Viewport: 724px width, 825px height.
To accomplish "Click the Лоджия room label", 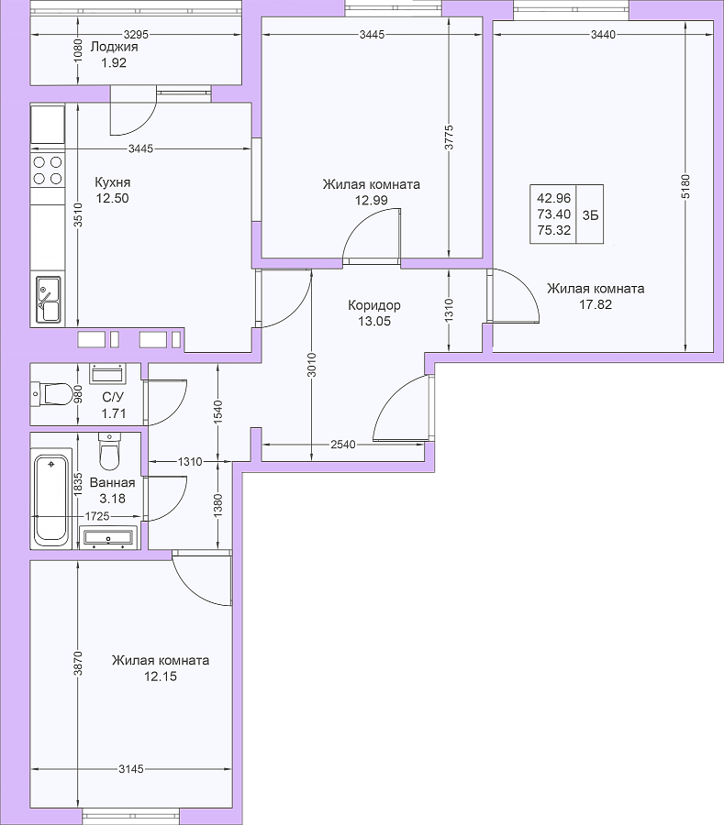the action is tap(115, 47).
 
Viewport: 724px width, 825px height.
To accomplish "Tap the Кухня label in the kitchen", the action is tap(113, 182).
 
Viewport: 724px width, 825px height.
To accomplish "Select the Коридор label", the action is tap(374, 305).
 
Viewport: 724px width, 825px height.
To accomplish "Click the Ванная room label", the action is tap(112, 482).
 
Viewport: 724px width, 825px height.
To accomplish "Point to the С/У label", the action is tap(113, 397).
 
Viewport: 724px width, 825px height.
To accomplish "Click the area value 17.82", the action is tap(596, 304).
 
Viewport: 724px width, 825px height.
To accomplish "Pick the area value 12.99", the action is tap(372, 201).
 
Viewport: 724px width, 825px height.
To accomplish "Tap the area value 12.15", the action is tap(161, 676).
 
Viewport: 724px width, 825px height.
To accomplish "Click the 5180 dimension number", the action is tap(685, 186).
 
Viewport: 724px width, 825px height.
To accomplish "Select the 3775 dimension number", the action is tap(449, 137).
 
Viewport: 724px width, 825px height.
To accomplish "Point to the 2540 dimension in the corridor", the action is tap(343, 445).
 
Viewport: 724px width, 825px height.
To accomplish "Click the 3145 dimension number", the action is tap(130, 769).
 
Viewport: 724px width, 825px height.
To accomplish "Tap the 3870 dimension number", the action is tap(78, 664).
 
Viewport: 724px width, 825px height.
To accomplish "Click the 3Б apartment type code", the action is tap(590, 214).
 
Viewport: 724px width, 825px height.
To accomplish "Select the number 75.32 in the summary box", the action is tap(554, 230).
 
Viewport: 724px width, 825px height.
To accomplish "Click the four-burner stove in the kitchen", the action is tap(48, 170).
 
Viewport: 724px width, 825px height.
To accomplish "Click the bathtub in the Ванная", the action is tap(51, 497).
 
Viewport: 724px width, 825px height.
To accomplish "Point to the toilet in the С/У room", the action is tap(51, 394).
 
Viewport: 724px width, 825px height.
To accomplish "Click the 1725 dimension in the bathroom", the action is tap(97, 516).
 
